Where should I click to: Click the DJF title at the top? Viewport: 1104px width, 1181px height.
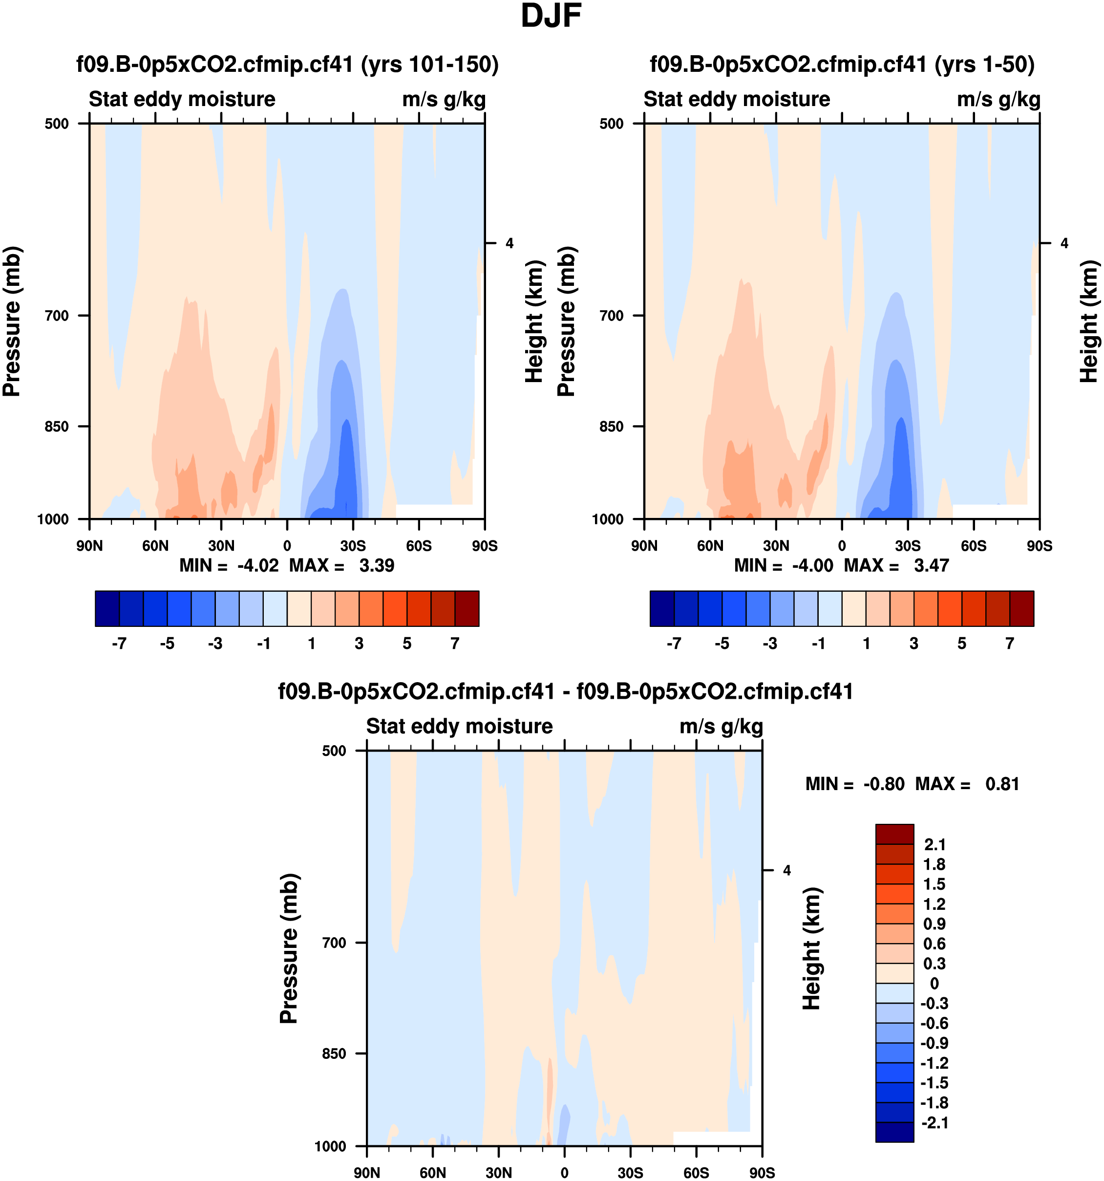pos(551,17)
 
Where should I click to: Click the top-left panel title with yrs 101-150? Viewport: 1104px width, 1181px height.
pos(287,64)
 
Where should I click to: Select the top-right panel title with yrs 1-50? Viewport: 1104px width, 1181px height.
pos(842,64)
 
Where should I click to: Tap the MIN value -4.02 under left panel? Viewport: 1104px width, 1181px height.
pos(258,565)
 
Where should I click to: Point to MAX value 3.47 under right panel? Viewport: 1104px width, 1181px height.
pos(931,565)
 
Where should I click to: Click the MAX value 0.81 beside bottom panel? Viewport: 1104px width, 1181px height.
pos(1002,784)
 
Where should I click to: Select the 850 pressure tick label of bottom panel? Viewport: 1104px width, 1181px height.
pos(334,1054)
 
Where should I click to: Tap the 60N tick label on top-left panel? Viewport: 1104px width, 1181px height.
pos(156,546)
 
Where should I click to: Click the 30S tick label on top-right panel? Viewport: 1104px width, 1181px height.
pos(908,546)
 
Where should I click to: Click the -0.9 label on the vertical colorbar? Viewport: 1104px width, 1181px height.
pos(934,1043)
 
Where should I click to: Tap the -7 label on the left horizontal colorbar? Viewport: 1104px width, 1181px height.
pos(119,644)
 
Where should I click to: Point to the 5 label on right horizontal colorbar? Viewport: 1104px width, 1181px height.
pos(962,644)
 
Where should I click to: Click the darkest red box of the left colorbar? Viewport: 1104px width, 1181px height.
pos(467,608)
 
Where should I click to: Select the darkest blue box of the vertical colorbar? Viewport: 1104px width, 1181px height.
pos(894,1132)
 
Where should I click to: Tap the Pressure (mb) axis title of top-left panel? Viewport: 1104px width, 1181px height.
pos(12,322)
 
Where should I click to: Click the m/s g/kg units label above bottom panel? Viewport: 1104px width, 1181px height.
pos(721,727)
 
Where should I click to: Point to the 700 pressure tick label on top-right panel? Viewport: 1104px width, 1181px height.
pos(612,316)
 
